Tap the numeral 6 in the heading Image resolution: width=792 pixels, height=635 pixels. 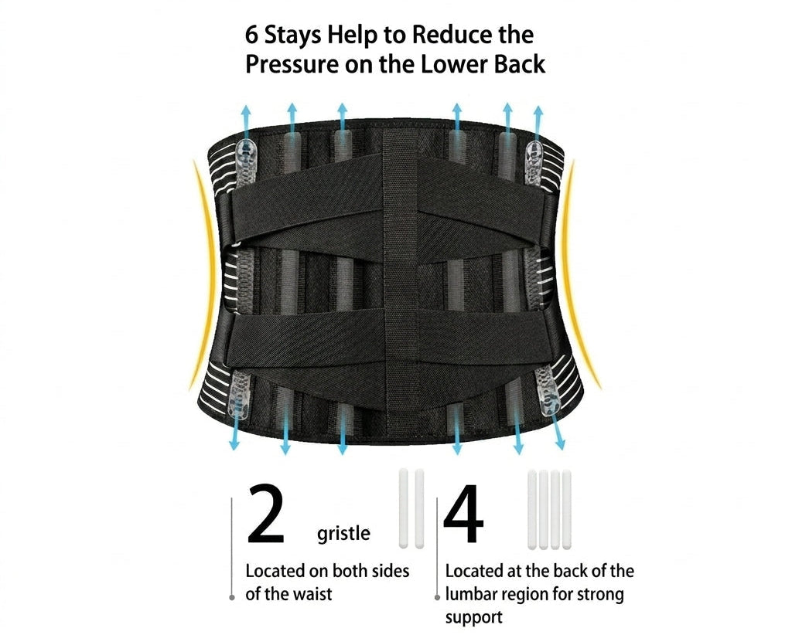point(251,34)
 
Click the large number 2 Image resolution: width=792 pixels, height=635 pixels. point(266,514)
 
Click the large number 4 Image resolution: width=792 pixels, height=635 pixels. point(464,514)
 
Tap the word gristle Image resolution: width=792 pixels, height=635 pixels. point(343,534)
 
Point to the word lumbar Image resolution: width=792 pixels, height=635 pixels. point(472,594)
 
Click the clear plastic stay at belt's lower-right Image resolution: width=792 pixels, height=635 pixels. point(548,391)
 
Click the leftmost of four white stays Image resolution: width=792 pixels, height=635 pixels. point(532,510)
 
